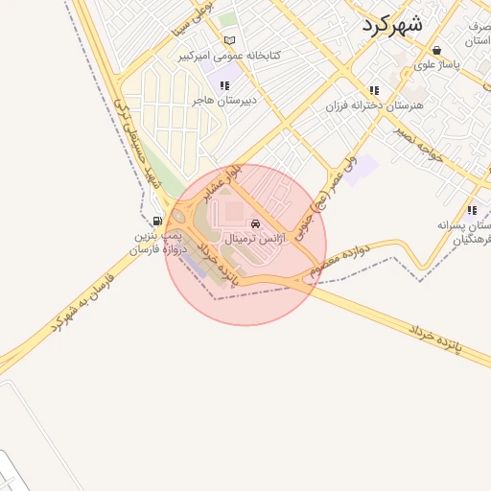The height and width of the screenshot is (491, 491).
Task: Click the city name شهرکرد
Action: (x=392, y=24)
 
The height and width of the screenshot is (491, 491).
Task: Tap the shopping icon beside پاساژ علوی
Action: (x=437, y=50)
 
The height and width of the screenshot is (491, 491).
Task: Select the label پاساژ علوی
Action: (x=437, y=65)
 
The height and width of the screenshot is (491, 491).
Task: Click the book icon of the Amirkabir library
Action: (x=228, y=40)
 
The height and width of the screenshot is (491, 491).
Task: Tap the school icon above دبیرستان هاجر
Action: (x=224, y=85)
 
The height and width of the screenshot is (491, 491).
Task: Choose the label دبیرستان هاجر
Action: (x=222, y=99)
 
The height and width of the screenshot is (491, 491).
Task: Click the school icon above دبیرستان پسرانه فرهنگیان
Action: (x=471, y=210)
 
